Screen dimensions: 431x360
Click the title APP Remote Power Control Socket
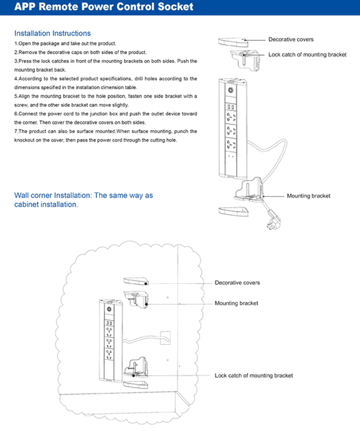[x=103, y=7]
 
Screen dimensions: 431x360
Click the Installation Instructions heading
[x=52, y=33]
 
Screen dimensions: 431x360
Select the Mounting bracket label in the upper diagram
[x=308, y=196]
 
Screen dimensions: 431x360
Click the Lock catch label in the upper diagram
[x=307, y=54]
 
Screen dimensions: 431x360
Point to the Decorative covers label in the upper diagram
[x=291, y=39]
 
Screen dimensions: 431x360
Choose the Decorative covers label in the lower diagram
[x=237, y=283]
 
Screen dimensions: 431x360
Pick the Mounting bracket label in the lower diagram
[x=236, y=303]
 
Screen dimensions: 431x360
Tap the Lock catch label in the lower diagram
[x=253, y=375]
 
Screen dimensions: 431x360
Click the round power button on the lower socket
[x=109, y=309]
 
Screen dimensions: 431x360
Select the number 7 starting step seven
[x=15, y=131]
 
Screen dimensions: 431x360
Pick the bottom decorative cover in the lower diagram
[x=135, y=383]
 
